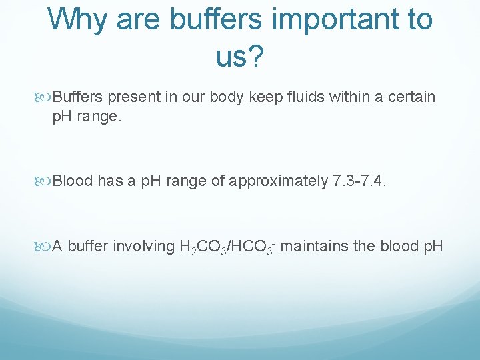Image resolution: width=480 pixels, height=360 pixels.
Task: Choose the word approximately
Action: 278,181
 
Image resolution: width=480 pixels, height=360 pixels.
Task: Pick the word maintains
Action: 315,246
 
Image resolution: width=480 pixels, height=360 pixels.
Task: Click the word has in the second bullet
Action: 109,181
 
